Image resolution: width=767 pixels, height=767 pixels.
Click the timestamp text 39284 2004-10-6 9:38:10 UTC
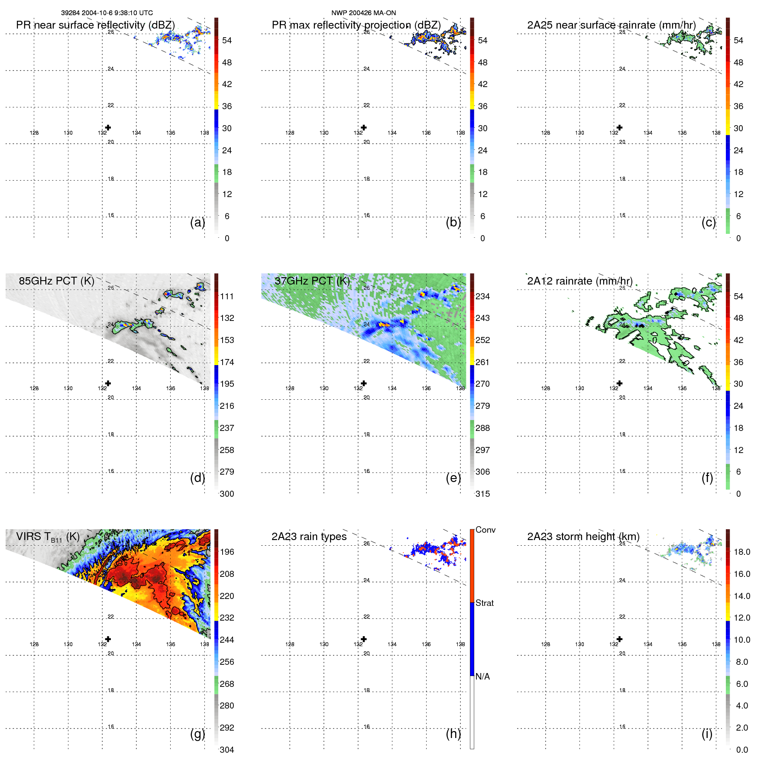coord(107,13)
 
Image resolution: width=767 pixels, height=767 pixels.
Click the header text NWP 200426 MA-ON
coord(363,13)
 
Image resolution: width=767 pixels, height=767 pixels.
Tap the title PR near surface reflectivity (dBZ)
coord(95,25)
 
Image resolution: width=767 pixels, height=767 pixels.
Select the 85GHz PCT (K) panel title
coord(56,281)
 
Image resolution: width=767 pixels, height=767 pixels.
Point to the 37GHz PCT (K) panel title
coord(312,281)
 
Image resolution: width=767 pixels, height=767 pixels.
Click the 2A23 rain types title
coord(309,537)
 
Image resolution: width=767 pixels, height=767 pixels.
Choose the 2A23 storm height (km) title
coord(583,537)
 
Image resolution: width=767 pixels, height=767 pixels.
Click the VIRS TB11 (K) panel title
coord(48,537)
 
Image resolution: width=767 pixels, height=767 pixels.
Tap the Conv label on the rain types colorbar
coord(485,530)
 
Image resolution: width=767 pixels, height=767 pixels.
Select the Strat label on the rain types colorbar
coord(484,603)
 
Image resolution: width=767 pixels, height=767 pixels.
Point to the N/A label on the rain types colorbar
coord(482,676)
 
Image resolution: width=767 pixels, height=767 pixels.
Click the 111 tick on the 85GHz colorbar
coord(227,296)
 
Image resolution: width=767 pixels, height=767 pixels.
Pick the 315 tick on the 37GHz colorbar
coord(482,494)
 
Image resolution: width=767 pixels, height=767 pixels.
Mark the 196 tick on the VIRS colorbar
coord(227,552)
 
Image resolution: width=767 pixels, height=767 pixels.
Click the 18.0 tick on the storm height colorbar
coord(741,552)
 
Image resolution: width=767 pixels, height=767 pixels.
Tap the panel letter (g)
coord(197,734)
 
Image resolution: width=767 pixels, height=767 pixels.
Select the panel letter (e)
coord(453,478)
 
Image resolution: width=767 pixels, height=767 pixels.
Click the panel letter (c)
coord(709,223)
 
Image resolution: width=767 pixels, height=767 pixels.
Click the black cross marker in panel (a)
coord(108,127)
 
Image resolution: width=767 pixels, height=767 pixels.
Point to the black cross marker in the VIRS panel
coord(108,639)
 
